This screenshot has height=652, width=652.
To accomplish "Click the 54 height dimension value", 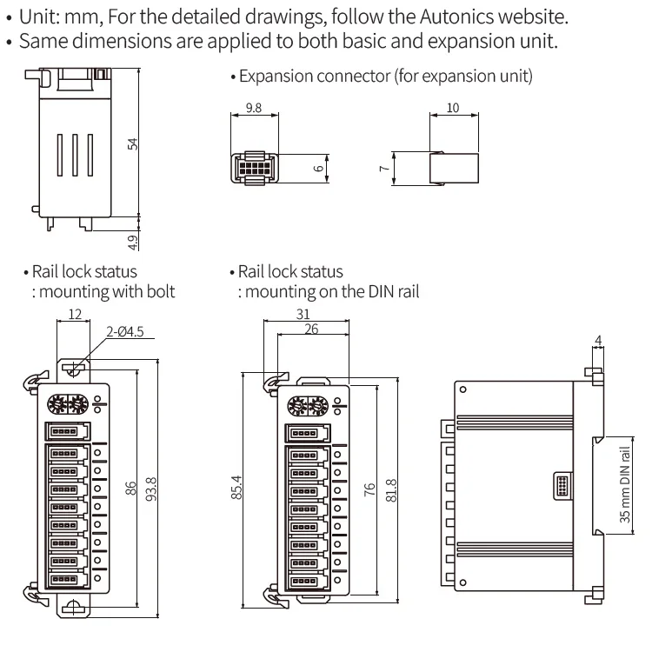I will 133,143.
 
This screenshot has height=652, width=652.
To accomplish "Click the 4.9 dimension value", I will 133,239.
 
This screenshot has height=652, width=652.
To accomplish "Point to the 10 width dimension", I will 452,109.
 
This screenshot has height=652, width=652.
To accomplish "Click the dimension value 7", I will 383,167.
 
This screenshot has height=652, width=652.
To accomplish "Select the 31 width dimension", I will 303,315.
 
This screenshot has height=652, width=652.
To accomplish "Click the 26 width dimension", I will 311,329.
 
